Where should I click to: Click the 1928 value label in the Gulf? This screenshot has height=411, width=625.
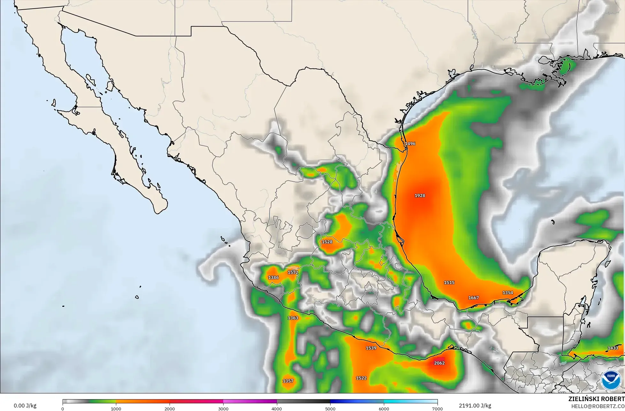(420, 195)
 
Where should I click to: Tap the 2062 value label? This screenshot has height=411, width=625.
(439, 363)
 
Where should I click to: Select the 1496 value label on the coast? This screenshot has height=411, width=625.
(410, 144)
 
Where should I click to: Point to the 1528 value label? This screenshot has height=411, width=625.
(327, 242)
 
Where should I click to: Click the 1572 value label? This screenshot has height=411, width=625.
(293, 272)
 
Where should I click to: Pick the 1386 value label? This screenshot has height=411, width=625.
(273, 278)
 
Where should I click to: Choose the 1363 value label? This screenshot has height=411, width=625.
(293, 318)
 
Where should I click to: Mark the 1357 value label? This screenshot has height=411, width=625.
(288, 381)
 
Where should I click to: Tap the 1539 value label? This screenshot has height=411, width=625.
(371, 348)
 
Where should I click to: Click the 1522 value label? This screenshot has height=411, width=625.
(361, 378)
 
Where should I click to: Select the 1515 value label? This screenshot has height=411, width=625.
(449, 283)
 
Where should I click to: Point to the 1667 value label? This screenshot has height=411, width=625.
(473, 298)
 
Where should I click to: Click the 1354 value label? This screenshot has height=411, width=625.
(507, 293)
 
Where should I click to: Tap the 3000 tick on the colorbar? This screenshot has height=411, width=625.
(223, 408)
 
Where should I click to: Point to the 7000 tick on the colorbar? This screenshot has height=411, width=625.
(437, 408)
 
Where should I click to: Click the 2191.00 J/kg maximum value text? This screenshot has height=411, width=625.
(475, 406)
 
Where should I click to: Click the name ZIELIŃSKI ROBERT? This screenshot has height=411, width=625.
(597, 399)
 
